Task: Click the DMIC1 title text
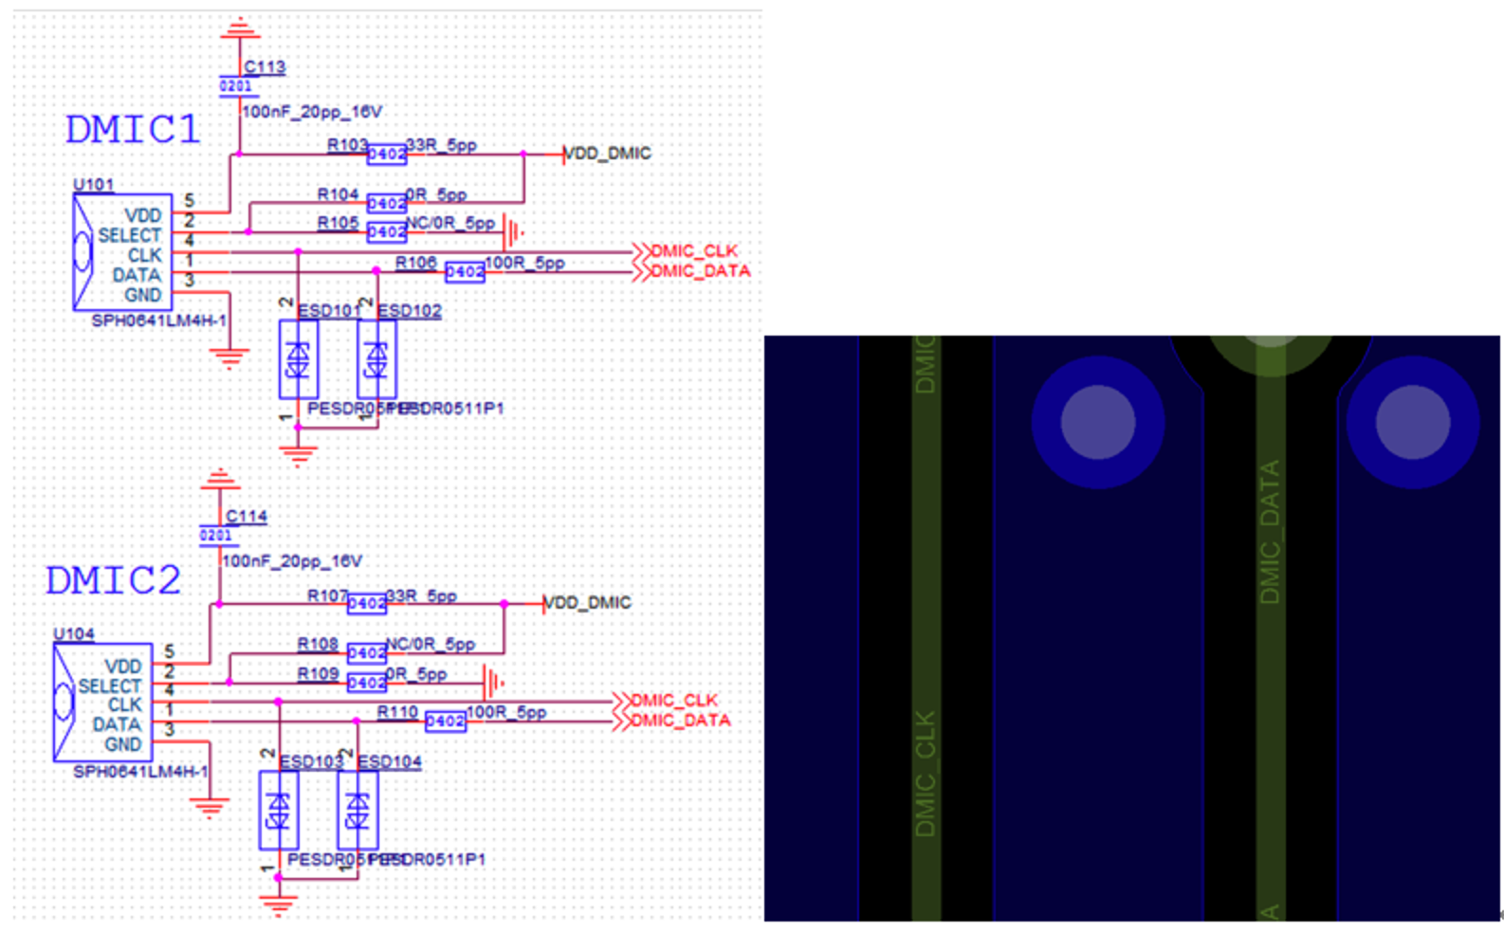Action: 133,130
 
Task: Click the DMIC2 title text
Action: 113,580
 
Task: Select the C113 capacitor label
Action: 265,67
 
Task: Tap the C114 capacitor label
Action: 247,517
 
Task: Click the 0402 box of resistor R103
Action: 386,154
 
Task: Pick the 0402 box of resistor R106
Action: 465,272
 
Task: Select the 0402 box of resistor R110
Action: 445,721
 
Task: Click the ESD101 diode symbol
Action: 298,359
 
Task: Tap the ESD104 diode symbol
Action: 358,811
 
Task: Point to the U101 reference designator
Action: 93,185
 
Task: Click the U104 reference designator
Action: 73,634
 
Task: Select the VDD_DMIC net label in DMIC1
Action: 608,154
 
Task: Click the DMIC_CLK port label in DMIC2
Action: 674,701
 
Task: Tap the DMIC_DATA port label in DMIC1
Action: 700,271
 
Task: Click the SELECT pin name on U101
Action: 129,235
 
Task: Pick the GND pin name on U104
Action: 122,744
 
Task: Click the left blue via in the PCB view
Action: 1097,422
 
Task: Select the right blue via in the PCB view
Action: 1412,422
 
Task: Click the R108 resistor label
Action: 318,645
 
